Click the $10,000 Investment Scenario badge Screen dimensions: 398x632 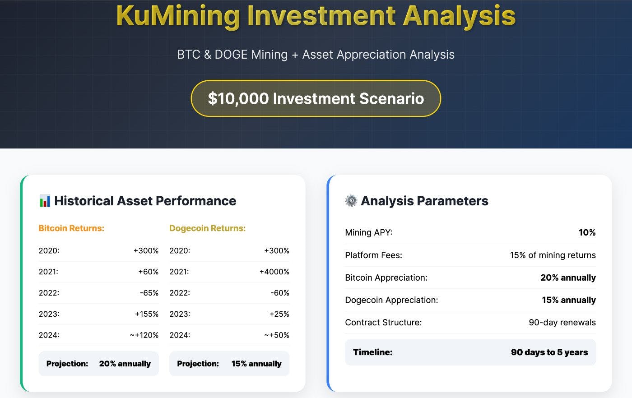316,98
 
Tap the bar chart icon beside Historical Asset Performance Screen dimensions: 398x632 45,201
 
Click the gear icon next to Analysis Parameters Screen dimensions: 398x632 351,201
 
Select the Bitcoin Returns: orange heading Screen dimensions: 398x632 71,228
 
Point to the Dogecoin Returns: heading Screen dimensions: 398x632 207,228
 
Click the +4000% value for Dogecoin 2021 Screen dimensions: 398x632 274,272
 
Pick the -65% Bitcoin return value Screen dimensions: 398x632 149,293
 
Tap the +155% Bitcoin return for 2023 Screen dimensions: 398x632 146,314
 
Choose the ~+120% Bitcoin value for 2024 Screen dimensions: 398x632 144,335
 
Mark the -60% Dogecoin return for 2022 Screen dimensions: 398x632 279,293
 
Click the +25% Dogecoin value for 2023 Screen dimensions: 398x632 279,314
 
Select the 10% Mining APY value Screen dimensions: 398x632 587,232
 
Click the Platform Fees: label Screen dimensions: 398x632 373,255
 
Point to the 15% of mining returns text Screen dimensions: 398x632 553,255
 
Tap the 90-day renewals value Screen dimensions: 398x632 562,322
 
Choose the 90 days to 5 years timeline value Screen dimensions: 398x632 549,352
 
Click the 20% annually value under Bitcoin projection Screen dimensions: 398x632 125,364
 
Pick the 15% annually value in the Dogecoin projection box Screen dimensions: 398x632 256,364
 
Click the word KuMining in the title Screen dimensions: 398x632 178,16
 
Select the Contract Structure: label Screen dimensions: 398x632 383,322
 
